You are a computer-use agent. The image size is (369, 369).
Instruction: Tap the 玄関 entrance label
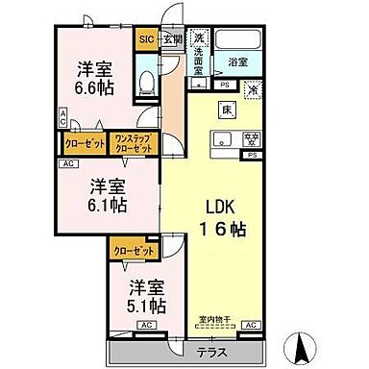171,39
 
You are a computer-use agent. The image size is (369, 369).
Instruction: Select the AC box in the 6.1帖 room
68,163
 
